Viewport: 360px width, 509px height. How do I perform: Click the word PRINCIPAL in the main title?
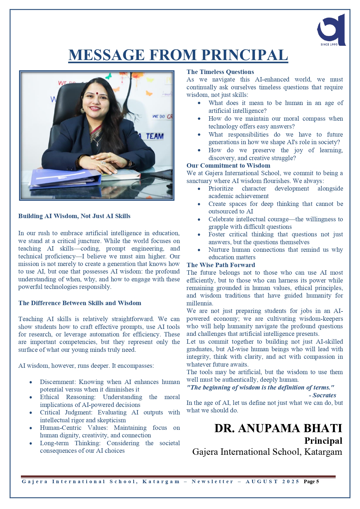click(245, 55)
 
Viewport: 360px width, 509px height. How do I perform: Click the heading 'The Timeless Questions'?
click(220, 72)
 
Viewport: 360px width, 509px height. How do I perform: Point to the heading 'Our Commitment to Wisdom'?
click(228, 166)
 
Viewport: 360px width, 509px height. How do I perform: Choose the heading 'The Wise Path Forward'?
click(221, 265)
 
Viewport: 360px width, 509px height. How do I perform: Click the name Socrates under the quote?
click(324, 395)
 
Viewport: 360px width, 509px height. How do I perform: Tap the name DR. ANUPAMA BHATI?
click(278, 428)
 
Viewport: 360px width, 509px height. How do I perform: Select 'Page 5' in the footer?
click(311, 482)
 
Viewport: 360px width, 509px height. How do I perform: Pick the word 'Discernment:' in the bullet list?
click(57, 382)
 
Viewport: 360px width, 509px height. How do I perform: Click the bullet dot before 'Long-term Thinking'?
click(31, 443)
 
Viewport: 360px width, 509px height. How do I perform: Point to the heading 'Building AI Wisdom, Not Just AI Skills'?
click(74, 216)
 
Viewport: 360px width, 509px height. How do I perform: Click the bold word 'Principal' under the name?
click(323, 441)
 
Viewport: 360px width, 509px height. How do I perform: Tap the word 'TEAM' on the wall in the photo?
click(155, 136)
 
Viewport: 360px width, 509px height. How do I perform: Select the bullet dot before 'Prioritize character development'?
click(199, 189)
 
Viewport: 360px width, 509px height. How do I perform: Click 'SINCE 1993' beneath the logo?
click(329, 44)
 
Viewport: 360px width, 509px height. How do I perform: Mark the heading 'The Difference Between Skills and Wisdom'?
click(80, 303)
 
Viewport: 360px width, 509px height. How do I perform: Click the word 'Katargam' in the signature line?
click(323, 452)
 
